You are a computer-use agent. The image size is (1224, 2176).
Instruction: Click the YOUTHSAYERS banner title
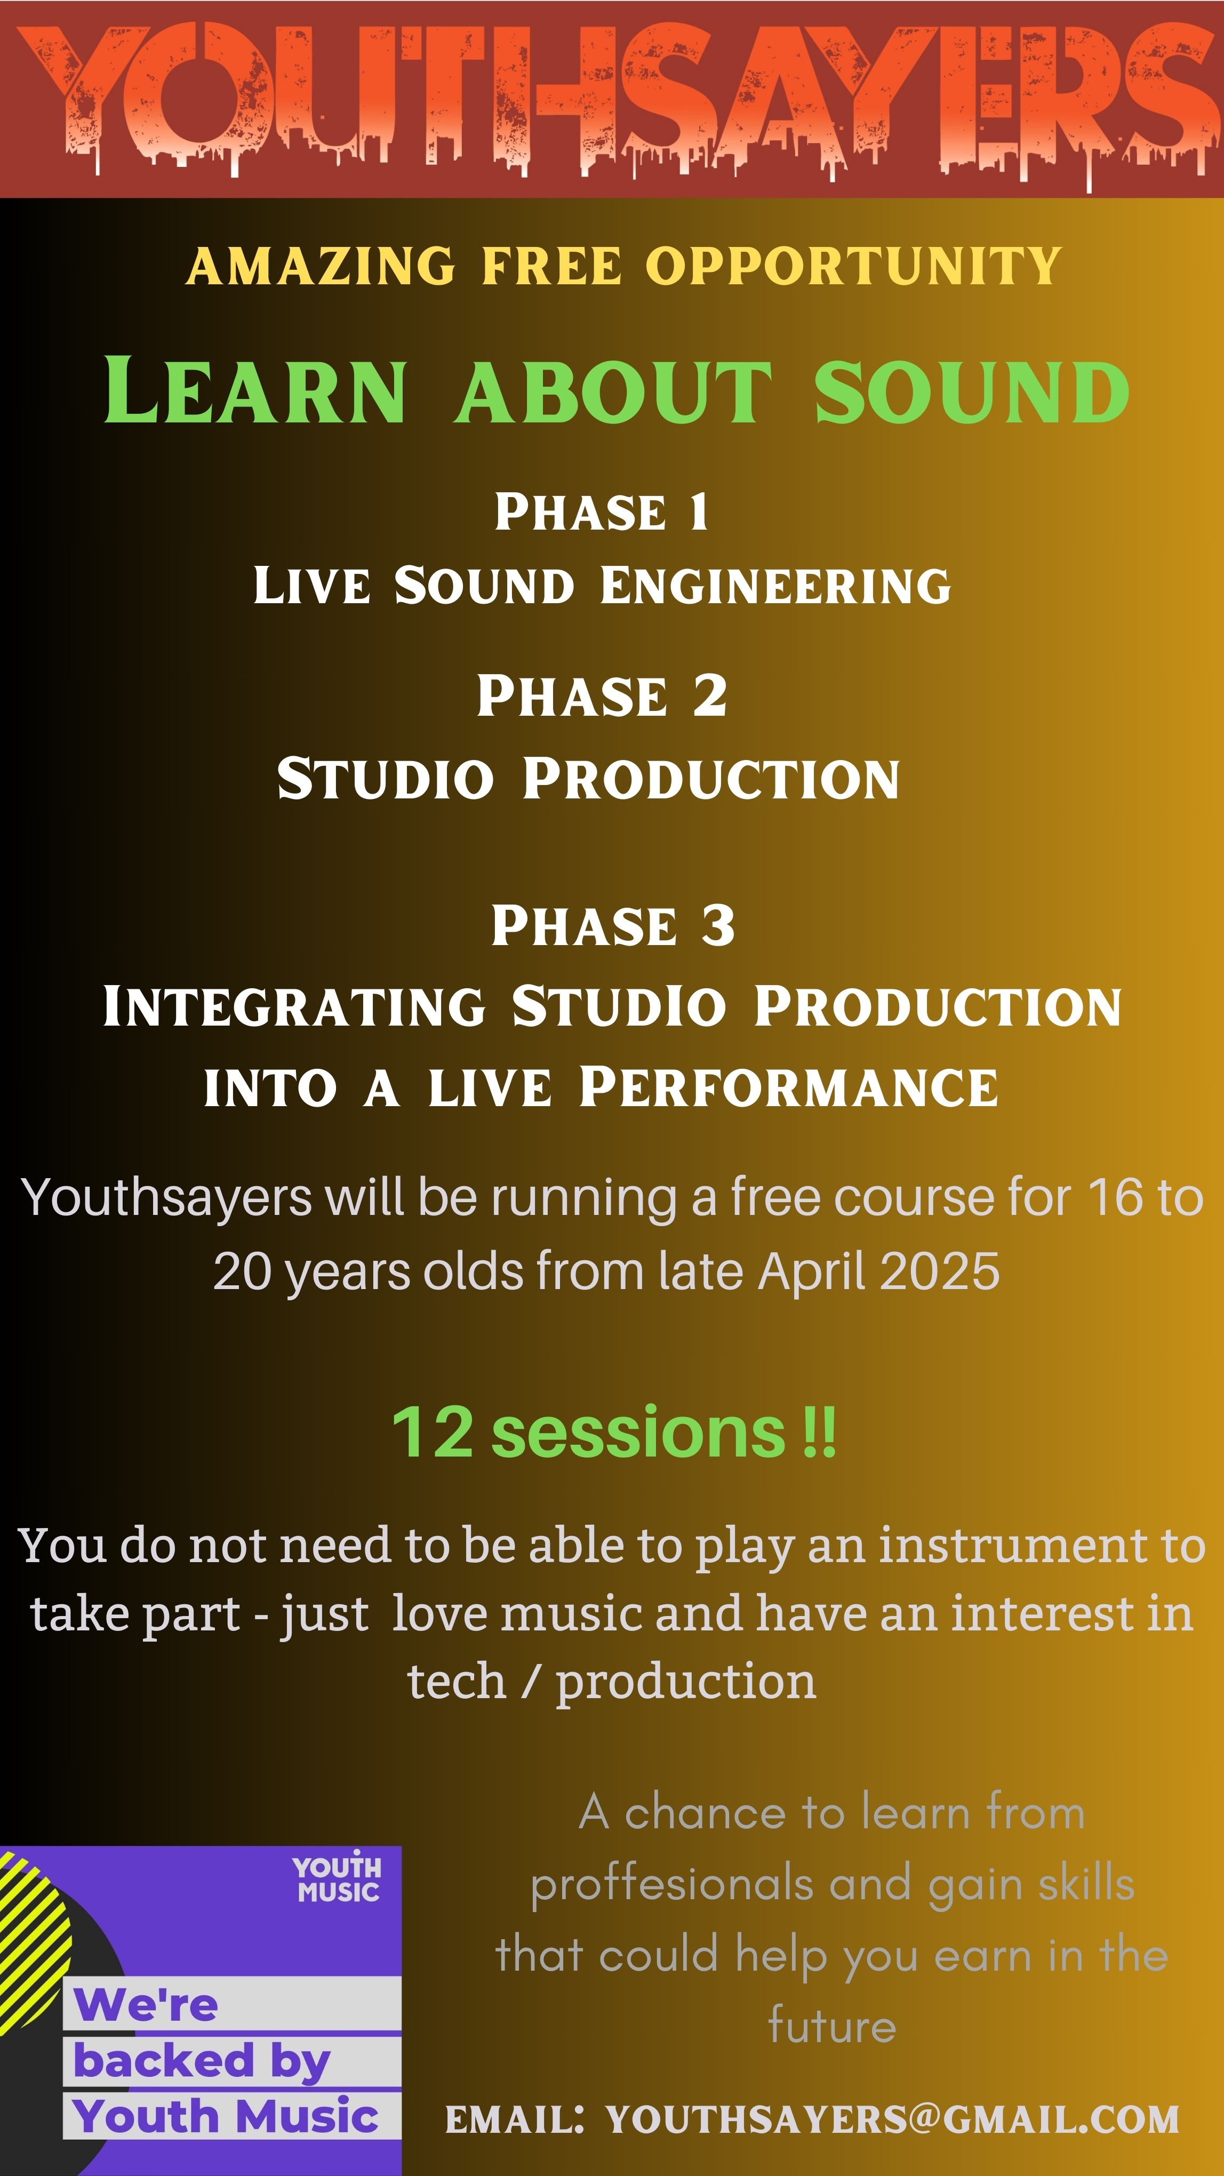click(612, 100)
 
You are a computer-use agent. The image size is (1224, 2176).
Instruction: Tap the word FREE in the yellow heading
click(551, 266)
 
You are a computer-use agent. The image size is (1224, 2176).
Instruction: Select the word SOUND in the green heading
click(971, 391)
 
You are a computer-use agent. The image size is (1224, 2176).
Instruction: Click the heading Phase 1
click(602, 512)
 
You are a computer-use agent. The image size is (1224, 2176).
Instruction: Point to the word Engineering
click(775, 586)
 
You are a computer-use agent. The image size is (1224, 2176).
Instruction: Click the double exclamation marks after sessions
click(819, 1432)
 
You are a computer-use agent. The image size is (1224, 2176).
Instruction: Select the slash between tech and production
click(531, 1681)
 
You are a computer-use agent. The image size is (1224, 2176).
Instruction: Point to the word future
click(832, 2026)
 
